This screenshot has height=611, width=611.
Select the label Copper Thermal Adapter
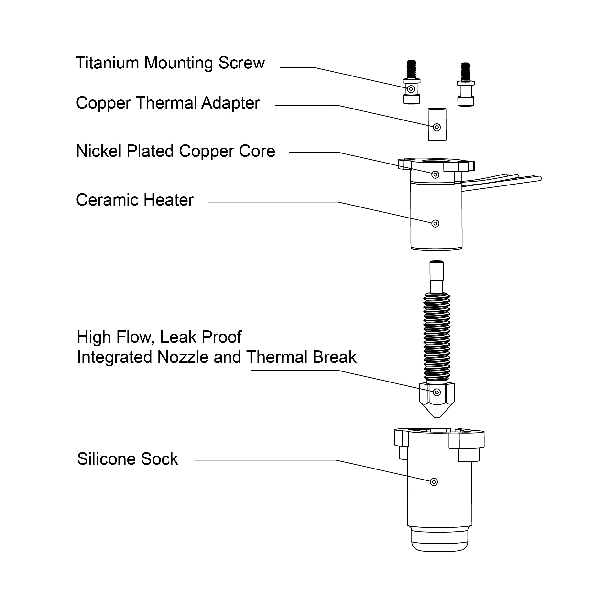click(x=168, y=103)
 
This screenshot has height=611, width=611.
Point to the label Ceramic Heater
click(x=135, y=200)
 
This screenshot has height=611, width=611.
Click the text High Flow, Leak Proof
click(x=159, y=337)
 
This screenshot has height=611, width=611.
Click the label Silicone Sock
click(x=127, y=459)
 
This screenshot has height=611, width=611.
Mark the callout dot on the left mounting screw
click(x=411, y=89)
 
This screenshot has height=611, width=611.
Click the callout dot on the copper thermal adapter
click(x=437, y=127)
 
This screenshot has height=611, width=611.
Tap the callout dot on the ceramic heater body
click(x=436, y=224)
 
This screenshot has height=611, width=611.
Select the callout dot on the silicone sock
click(x=434, y=482)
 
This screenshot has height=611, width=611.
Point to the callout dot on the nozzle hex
click(x=437, y=393)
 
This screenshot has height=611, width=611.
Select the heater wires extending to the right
click(x=503, y=182)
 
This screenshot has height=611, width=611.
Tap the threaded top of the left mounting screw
click(x=411, y=70)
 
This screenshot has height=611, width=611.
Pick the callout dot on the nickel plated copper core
click(x=436, y=175)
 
